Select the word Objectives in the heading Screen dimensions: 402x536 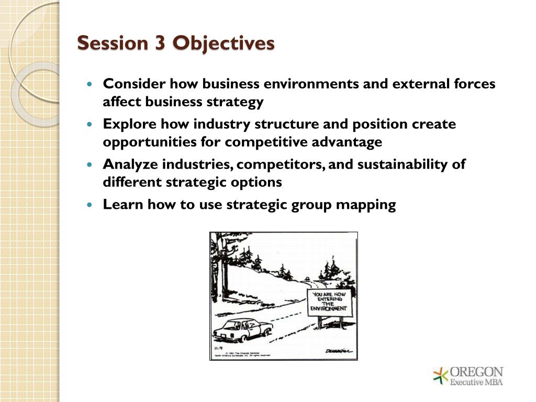click(x=223, y=43)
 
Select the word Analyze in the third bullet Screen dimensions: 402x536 click(x=130, y=164)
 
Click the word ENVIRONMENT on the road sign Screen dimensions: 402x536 click(x=329, y=309)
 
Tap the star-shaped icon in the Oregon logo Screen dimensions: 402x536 click(x=441, y=376)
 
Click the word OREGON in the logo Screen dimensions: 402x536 click(x=477, y=372)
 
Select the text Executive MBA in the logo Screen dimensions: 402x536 click(x=477, y=382)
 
